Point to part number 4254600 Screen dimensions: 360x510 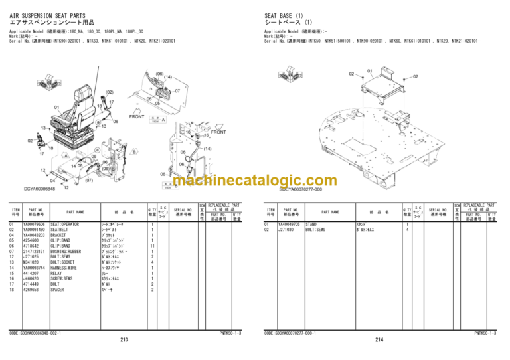(31, 240)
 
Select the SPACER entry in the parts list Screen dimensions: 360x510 (58, 290)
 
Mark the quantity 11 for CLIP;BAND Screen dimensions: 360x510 (151, 246)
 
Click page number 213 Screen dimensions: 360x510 (124, 340)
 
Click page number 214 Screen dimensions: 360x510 (379, 340)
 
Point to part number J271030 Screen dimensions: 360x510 (287, 230)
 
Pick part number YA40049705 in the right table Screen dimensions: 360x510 (289, 225)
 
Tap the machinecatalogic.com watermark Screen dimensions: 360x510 (255, 181)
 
